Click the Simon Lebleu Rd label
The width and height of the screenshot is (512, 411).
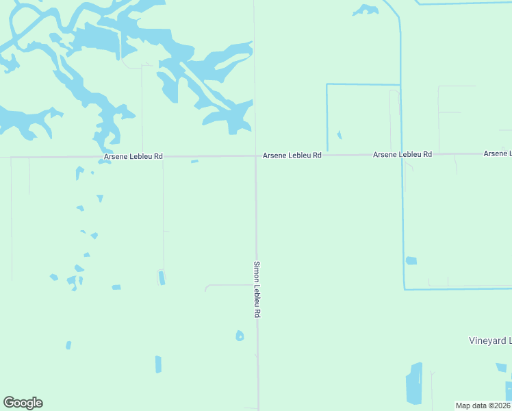257,288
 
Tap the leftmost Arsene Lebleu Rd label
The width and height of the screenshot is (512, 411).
133,156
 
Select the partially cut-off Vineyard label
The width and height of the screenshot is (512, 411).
489,340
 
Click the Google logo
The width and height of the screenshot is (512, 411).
23,403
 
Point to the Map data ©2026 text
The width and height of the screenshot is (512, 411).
483,406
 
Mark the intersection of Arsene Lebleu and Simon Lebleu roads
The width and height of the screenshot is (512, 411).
257,156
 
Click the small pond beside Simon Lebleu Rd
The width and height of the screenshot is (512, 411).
240,336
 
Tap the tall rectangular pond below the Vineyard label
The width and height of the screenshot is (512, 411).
414,384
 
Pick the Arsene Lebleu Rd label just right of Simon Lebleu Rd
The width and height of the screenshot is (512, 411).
292,155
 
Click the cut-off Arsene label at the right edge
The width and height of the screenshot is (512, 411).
498,153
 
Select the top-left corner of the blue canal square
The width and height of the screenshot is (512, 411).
327,84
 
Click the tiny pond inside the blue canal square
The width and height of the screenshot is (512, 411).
340,135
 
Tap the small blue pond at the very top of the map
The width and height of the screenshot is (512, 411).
366,10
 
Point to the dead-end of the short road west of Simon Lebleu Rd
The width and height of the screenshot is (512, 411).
206,290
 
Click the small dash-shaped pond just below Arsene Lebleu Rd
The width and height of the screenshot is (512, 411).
194,162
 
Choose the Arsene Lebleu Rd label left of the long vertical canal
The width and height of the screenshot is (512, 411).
402,155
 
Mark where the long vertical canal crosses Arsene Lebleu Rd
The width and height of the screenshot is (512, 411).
401,155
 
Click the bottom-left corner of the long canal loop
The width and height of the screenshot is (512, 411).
405,288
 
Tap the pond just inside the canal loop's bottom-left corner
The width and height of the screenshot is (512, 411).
411,261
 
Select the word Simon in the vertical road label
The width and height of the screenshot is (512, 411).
257,270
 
